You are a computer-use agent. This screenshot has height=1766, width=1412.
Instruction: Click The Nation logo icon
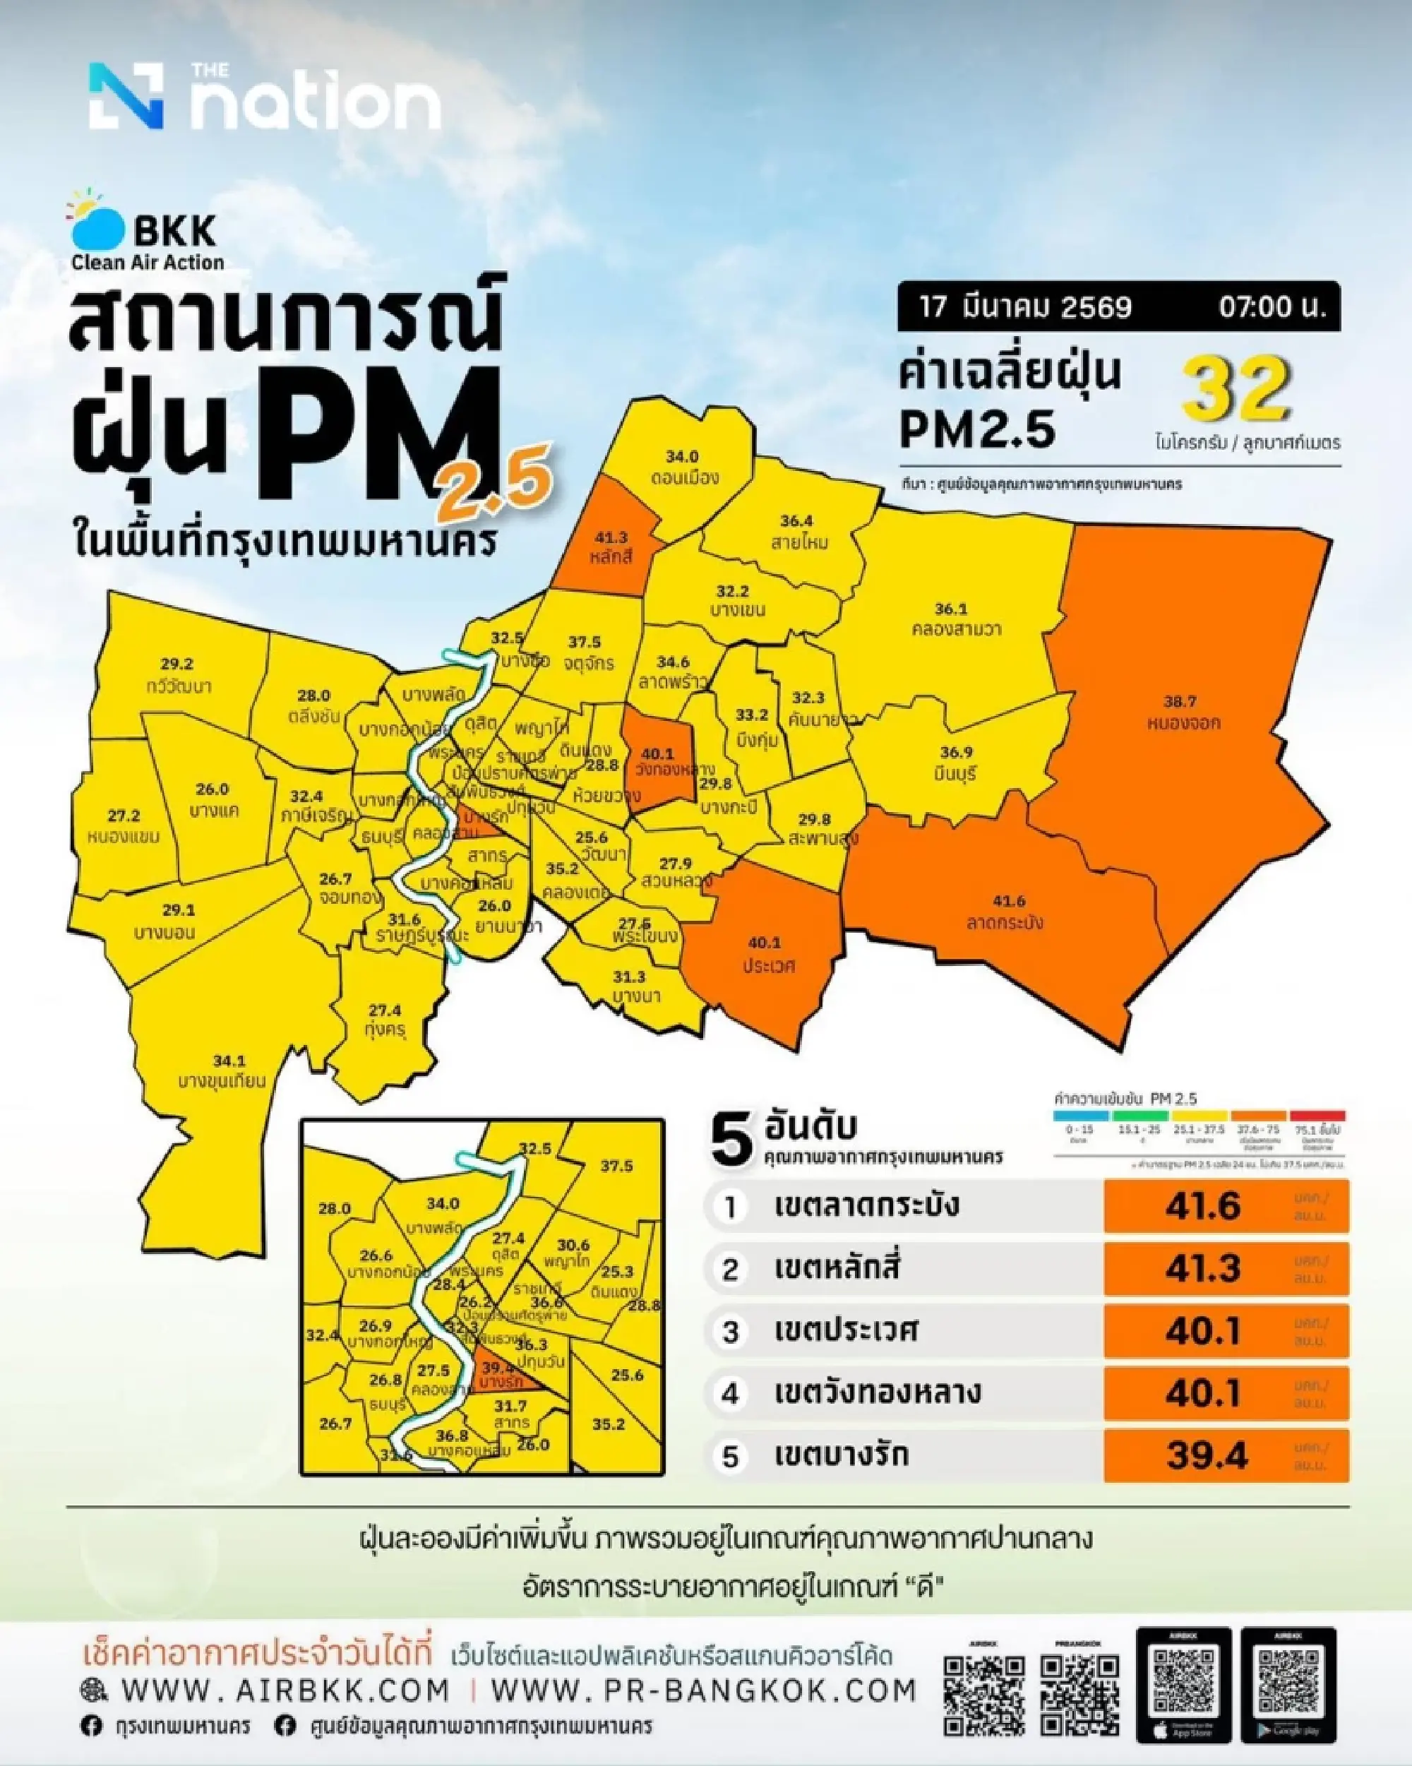pyautogui.click(x=126, y=96)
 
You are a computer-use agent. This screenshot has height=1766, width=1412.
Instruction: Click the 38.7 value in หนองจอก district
pyautogui.click(x=1180, y=701)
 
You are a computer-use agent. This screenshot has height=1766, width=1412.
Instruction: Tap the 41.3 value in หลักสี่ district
pyautogui.click(x=611, y=537)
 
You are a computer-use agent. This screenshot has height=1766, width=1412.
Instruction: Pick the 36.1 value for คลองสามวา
pyautogui.click(x=951, y=609)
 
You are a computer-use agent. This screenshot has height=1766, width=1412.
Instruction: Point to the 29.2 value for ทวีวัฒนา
pyautogui.click(x=177, y=664)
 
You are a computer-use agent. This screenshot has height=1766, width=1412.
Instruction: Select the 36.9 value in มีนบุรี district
pyautogui.click(x=956, y=752)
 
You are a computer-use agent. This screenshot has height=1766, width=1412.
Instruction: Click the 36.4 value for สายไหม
pyautogui.click(x=796, y=520)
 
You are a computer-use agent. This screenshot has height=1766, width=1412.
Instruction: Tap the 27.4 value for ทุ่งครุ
pyautogui.click(x=384, y=1010)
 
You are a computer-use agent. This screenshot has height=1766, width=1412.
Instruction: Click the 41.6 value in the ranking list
pyautogui.click(x=1202, y=1206)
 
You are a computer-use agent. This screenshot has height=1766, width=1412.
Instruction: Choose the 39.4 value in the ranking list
pyautogui.click(x=1207, y=1455)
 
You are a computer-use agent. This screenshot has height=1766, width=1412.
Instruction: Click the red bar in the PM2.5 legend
pyautogui.click(x=1317, y=1116)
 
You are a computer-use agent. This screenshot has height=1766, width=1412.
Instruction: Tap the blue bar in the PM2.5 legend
pyautogui.click(x=1079, y=1116)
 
